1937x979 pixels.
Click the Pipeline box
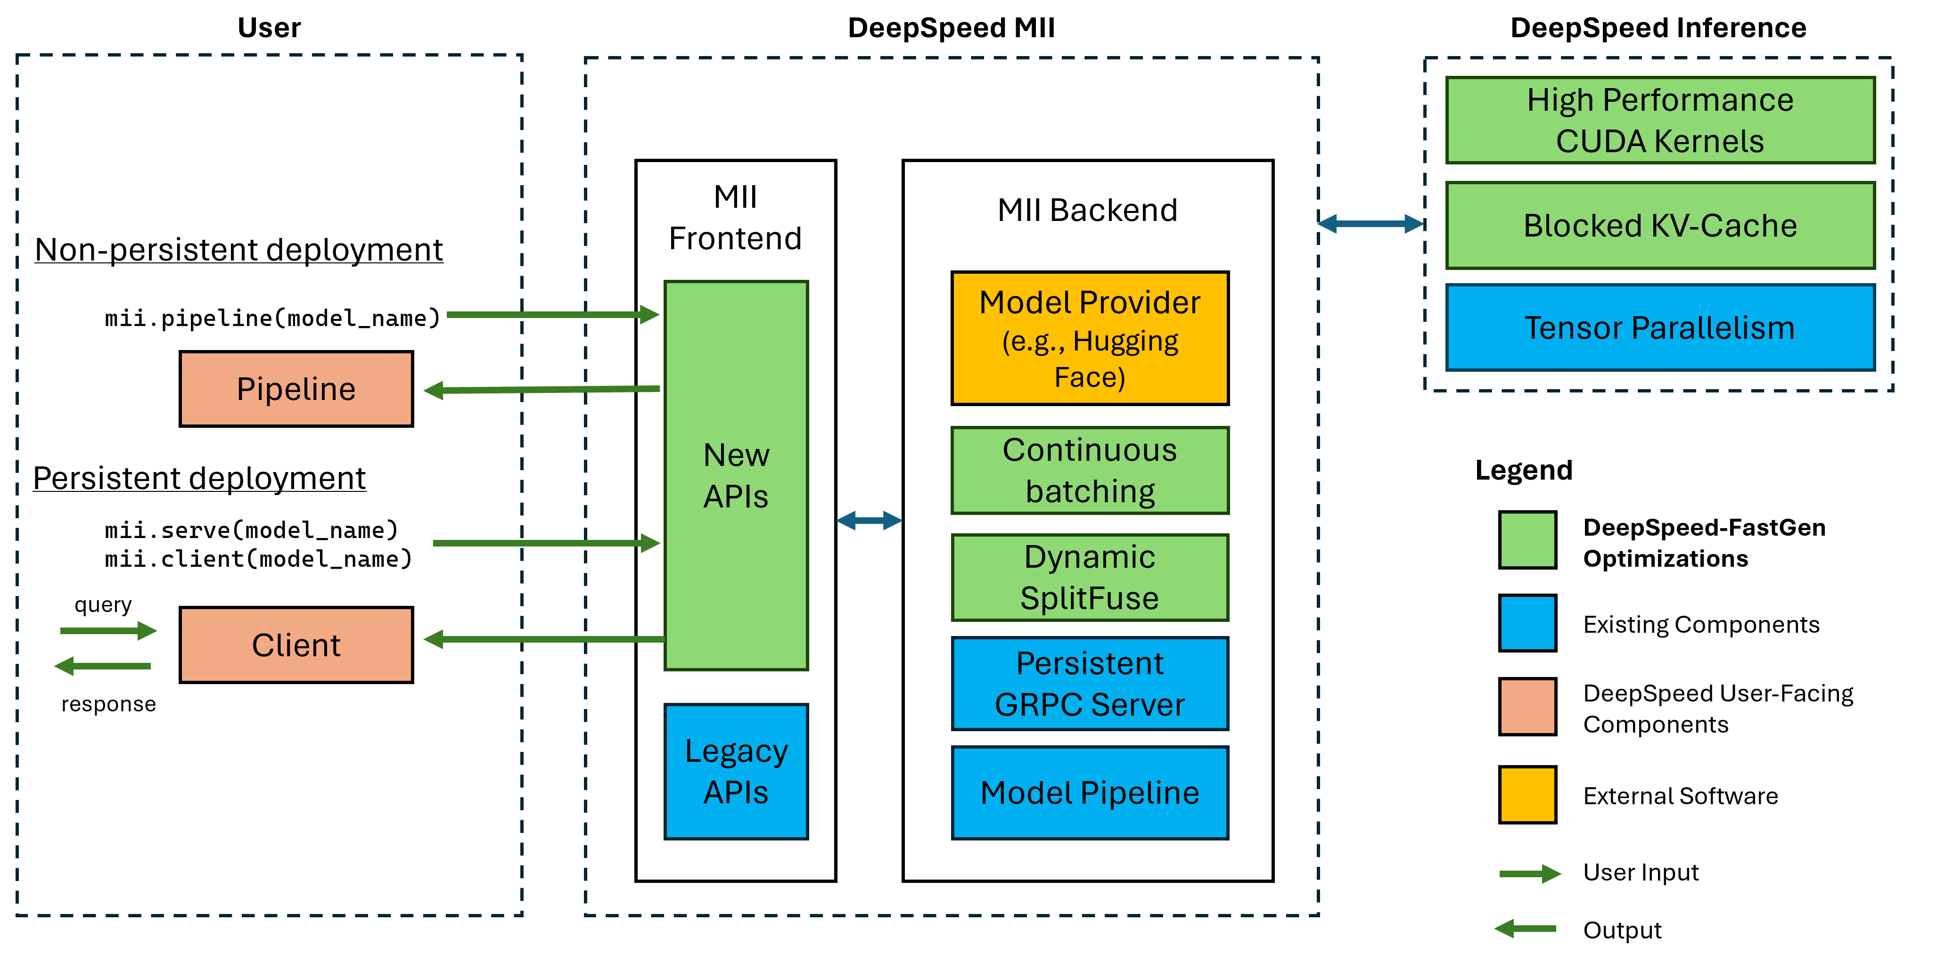tap(296, 389)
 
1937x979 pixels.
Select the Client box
tap(296, 645)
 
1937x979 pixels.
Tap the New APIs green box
tap(736, 475)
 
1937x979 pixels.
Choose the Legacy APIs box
tap(736, 772)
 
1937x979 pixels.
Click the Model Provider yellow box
tap(1090, 338)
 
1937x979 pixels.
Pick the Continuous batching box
tap(1090, 471)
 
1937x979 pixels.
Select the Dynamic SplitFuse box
tap(1090, 578)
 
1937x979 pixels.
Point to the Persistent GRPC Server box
tap(1090, 684)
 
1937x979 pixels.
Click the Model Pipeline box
tap(1090, 792)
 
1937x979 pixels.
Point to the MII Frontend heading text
tap(735, 218)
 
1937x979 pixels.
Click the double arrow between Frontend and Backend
tap(869, 520)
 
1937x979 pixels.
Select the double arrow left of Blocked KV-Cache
tap(1370, 223)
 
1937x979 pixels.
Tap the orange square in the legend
tap(1527, 707)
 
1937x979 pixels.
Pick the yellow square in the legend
tap(1527, 794)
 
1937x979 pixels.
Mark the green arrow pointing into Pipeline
tap(542, 390)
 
